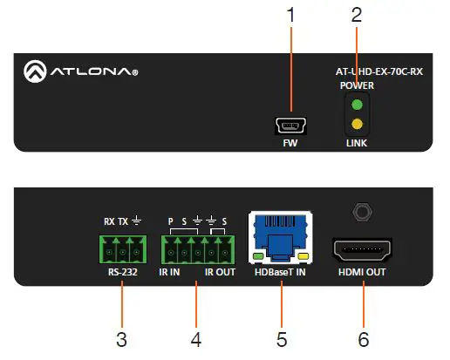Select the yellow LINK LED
(x=356, y=123)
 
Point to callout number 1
(x=290, y=14)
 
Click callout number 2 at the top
(x=356, y=14)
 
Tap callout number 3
(x=122, y=337)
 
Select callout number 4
(x=196, y=337)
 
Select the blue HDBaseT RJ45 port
(x=279, y=236)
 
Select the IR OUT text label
(x=220, y=272)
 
